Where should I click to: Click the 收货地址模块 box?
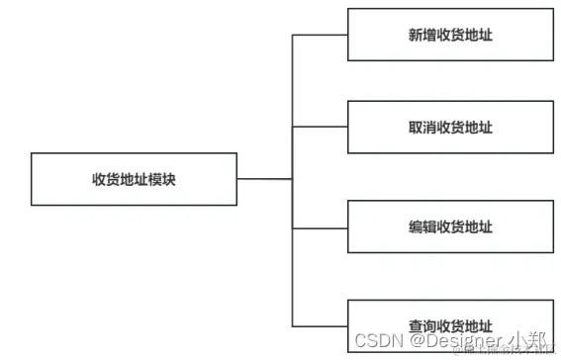[134, 179]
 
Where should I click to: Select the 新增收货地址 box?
[450, 35]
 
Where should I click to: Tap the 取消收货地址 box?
[450, 128]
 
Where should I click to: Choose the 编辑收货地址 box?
[450, 227]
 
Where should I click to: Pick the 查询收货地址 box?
[450, 324]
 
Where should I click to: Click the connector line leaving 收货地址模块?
[264, 179]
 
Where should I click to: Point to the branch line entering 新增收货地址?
[320, 35]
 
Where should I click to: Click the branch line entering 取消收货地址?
[320, 128]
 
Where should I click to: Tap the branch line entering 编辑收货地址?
[320, 227]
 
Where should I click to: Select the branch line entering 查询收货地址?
[320, 325]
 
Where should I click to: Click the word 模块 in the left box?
[162, 179]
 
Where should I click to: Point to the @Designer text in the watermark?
[454, 341]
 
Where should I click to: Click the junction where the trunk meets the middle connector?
[293, 179]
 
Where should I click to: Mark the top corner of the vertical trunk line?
[293, 35]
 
